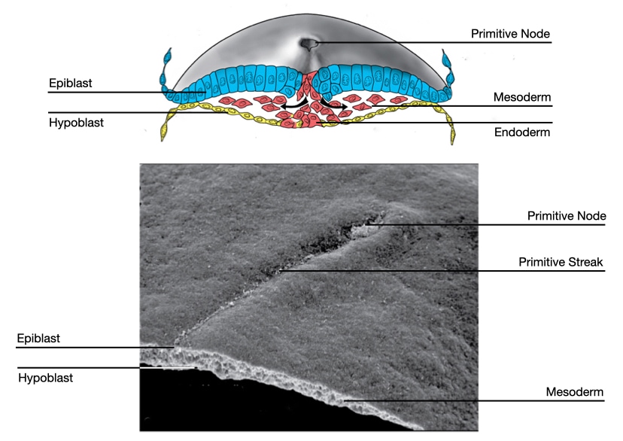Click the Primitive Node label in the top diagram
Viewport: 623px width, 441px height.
click(511, 34)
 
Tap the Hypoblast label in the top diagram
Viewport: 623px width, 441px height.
click(76, 123)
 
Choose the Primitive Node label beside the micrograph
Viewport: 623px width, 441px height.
click(566, 216)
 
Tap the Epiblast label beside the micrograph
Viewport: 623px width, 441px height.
click(38, 339)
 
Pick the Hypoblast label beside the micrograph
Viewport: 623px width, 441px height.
click(45, 378)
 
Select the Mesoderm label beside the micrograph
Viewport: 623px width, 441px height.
click(575, 392)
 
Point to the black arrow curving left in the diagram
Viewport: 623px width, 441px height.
click(285, 107)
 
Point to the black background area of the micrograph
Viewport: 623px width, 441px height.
click(226, 406)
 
